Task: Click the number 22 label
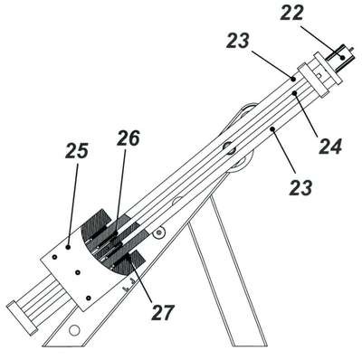291,14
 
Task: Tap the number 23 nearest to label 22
238,41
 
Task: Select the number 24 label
330,147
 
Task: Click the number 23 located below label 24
300,188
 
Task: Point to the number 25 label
77,151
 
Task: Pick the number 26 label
129,138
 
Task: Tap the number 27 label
163,312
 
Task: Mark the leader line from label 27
144,279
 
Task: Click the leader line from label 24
305,114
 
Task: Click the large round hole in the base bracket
74,330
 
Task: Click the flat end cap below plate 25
22,317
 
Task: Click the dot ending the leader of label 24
295,93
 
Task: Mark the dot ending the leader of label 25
68,247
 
